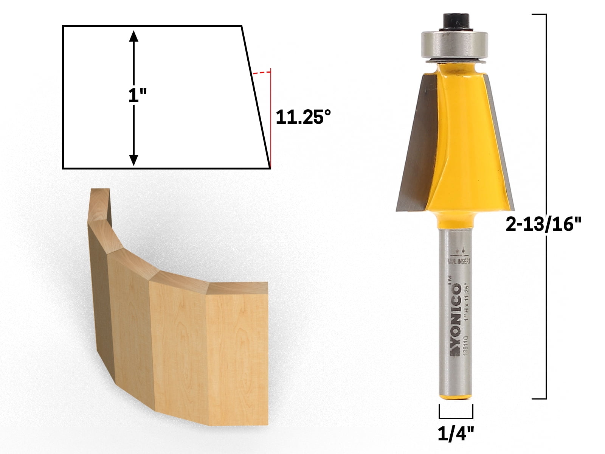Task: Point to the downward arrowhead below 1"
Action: (x=133, y=160)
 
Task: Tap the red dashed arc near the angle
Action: (x=262, y=72)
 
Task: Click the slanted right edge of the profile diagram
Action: (x=256, y=96)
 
